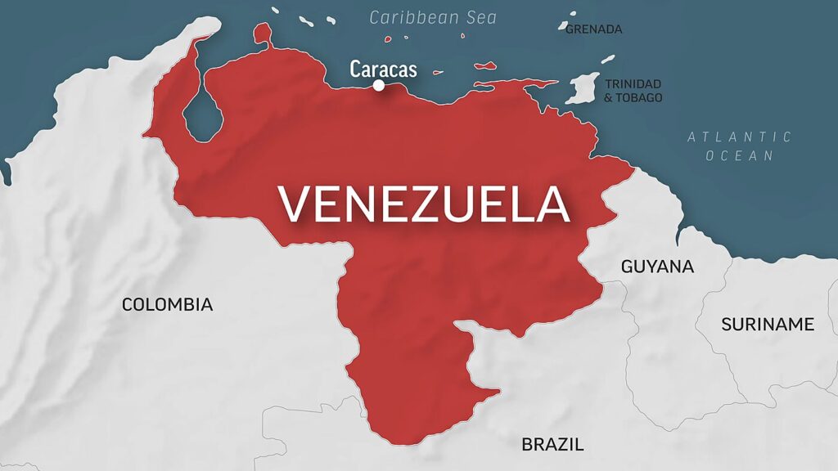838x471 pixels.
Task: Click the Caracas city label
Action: [383, 69]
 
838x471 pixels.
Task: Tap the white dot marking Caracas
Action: [379, 85]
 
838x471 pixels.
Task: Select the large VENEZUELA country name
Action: [422, 204]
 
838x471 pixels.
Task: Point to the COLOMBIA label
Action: [167, 305]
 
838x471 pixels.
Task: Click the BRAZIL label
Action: [552, 445]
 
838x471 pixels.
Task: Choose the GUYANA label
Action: [657, 267]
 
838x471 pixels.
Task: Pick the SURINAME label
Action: [767, 325]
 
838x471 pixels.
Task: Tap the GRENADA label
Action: [594, 29]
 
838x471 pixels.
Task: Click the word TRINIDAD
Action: [633, 83]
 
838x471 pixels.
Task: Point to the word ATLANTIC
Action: [739, 137]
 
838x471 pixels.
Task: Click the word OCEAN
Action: [739, 155]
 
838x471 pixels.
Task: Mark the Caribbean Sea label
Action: [433, 17]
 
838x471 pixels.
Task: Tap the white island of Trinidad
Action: [583, 88]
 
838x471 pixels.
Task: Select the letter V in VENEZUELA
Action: [296, 204]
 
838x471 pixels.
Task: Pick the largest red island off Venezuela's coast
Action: [485, 65]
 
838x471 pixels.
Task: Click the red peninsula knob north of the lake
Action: [262, 34]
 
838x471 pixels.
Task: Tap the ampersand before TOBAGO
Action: [609, 98]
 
